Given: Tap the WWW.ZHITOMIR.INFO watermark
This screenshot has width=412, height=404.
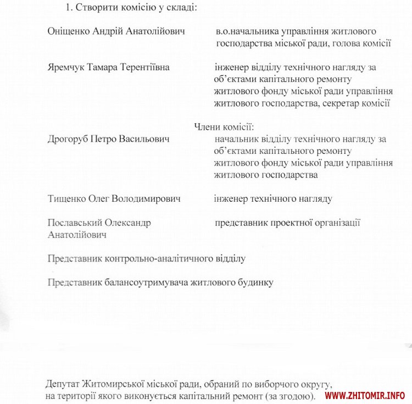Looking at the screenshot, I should (x=365, y=395).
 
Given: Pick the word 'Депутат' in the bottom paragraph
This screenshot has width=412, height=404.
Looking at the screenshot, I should (x=64, y=384).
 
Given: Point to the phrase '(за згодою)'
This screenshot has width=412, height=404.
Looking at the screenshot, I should (x=291, y=396).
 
